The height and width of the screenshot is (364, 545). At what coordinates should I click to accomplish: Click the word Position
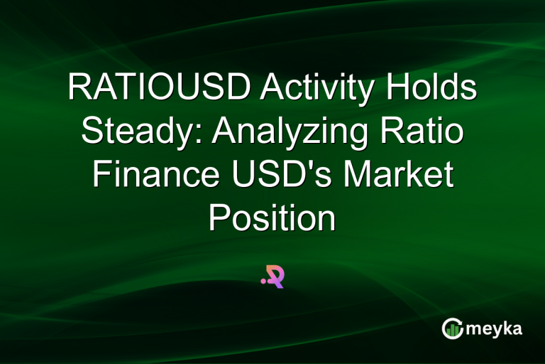click(x=272, y=218)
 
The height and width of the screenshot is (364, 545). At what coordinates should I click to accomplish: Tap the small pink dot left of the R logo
click(x=263, y=281)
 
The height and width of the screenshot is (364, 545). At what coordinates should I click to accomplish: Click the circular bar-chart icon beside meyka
click(x=452, y=328)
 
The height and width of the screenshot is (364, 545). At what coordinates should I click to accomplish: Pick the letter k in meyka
click(x=506, y=328)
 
